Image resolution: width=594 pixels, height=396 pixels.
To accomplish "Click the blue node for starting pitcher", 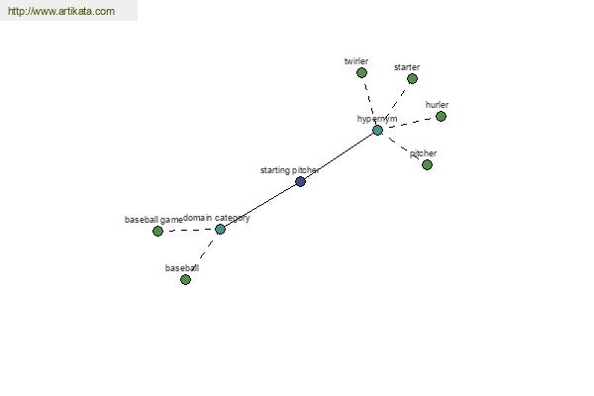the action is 300,181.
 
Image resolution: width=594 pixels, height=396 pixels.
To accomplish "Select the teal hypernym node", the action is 378,131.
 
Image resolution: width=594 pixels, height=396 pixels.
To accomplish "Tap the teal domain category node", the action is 220,230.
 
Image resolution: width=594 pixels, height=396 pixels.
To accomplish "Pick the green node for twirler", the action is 361,72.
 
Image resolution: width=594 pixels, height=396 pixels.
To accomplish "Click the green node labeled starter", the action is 412,79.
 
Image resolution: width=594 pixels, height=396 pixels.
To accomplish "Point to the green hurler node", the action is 441,117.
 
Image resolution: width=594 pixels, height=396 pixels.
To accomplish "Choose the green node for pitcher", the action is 427,165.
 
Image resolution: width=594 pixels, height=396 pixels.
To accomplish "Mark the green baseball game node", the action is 158,231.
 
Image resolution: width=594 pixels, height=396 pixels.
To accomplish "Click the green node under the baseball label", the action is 186,279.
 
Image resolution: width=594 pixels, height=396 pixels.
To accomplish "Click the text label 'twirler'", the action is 356,61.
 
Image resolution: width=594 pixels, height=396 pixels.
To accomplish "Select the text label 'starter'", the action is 407,67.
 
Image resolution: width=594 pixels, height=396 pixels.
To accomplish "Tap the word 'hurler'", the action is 437,105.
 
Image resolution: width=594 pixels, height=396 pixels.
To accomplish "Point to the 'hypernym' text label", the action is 377,119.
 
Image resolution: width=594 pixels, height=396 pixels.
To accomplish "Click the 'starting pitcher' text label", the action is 289,170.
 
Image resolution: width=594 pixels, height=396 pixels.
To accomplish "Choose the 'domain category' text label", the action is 217,218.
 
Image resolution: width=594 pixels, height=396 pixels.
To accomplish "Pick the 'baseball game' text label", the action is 153,220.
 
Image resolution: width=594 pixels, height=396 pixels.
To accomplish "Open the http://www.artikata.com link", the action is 61,11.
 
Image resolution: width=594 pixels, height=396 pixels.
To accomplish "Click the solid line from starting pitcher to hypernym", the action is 339,156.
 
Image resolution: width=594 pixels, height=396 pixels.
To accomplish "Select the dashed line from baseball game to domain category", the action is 189,230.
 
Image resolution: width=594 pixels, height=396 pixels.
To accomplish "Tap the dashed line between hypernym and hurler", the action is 409,124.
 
